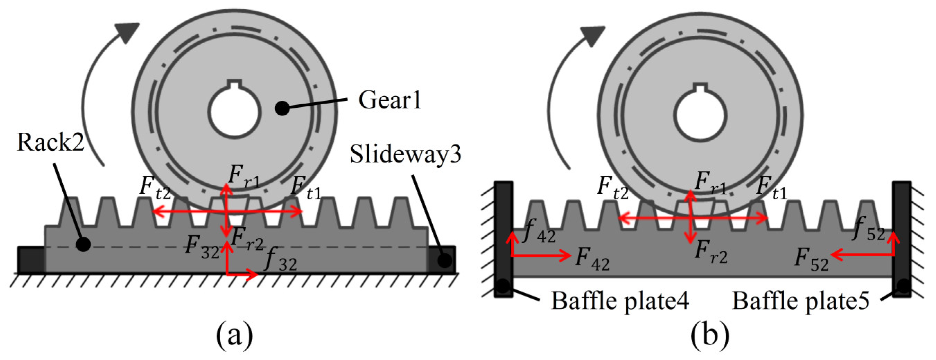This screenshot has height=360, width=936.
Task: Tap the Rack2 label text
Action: [51, 142]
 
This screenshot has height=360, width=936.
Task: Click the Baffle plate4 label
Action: [620, 301]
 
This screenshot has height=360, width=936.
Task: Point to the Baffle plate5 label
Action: [801, 301]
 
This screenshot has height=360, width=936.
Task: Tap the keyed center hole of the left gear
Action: [235, 111]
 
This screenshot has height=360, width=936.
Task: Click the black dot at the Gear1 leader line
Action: [282, 108]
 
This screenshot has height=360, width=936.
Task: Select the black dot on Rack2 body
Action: [83, 244]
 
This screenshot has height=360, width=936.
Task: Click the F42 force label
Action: [592, 259]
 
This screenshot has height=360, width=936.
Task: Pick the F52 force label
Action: [811, 260]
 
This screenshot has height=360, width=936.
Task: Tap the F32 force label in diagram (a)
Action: [202, 247]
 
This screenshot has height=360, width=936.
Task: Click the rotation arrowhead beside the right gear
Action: [592, 35]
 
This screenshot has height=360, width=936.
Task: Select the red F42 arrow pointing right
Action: [541, 255]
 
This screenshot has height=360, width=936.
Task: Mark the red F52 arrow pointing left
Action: [861, 255]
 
